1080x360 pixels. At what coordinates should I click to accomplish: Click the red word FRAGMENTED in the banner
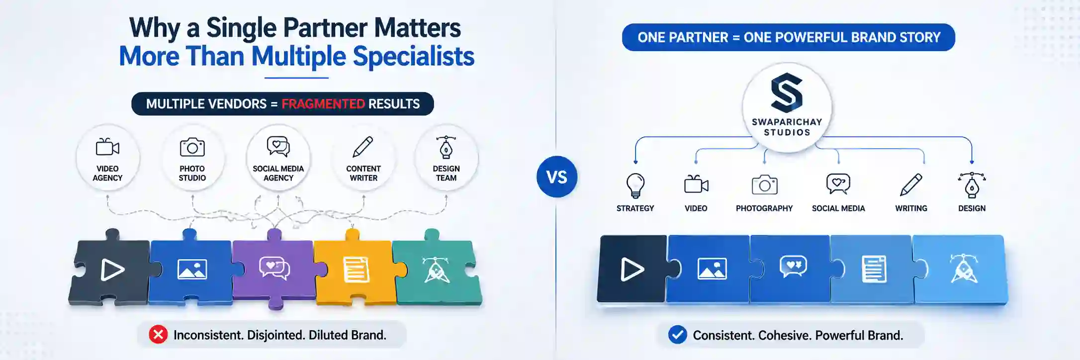(x=323, y=104)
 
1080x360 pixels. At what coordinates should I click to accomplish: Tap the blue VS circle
(x=557, y=177)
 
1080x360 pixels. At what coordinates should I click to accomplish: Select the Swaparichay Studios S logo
(x=787, y=92)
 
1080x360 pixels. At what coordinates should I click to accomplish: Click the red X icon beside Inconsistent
(x=158, y=335)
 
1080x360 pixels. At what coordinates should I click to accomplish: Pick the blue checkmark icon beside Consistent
(x=677, y=335)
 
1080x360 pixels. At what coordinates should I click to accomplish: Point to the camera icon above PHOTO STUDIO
(x=192, y=147)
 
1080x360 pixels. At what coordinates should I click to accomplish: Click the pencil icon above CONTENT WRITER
(x=363, y=147)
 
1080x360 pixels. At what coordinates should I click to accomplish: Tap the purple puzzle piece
(x=273, y=269)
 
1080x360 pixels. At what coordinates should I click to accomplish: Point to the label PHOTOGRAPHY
(x=764, y=208)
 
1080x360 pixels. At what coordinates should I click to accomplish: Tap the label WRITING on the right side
(x=911, y=208)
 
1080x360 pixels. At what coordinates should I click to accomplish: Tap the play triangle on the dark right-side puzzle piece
(x=632, y=270)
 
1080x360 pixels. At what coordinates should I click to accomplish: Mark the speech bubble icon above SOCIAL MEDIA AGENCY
(x=278, y=146)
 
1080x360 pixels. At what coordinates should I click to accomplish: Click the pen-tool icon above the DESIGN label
(x=972, y=185)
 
